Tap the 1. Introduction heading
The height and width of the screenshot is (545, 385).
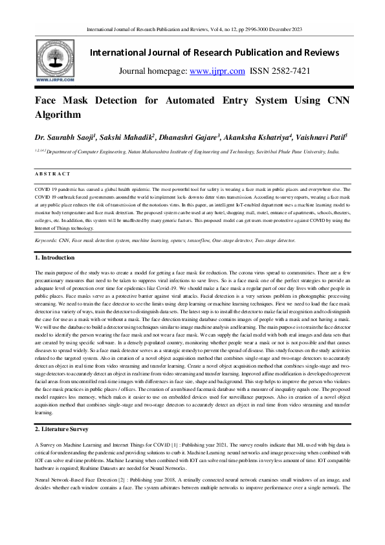click(56, 258)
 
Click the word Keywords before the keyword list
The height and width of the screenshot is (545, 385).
click(47, 240)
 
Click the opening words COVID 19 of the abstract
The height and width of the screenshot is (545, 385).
click(45, 186)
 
